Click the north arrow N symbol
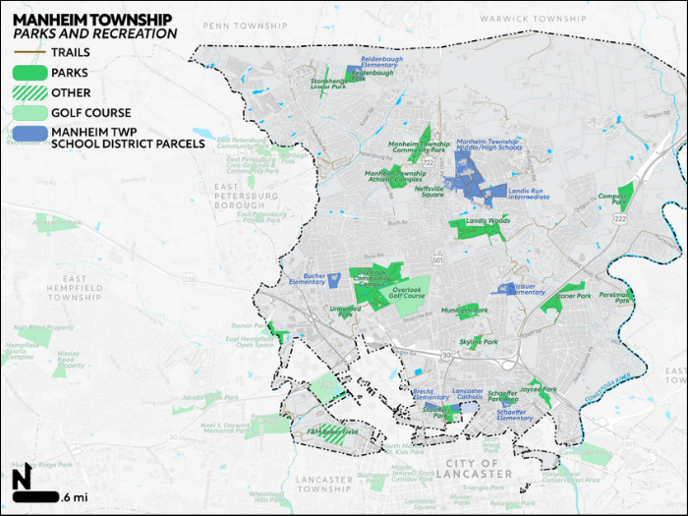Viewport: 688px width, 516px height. [x=22, y=480]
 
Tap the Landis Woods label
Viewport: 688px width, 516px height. [x=487, y=221]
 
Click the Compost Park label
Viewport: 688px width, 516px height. [x=613, y=200]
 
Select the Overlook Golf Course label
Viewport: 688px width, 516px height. [x=406, y=294]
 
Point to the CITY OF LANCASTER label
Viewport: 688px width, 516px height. [x=479, y=468]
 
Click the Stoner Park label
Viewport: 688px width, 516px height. [x=573, y=296]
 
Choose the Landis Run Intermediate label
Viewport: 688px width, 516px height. [x=529, y=193]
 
